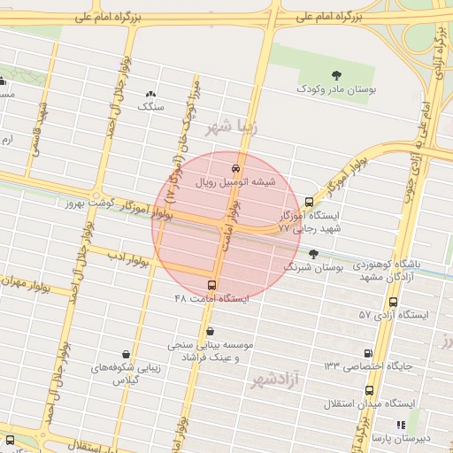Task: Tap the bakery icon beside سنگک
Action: pyautogui.click(x=150, y=93)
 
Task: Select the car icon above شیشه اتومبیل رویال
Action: pyautogui.click(x=234, y=167)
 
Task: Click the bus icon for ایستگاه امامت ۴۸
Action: pyautogui.click(x=211, y=285)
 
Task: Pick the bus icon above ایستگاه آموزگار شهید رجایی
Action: pyautogui.click(x=308, y=202)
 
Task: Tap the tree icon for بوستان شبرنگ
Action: pyautogui.click(x=313, y=254)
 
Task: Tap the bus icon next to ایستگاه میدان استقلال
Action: pyautogui.click(x=368, y=389)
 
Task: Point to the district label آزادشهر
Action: pyautogui.click(x=271, y=380)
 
